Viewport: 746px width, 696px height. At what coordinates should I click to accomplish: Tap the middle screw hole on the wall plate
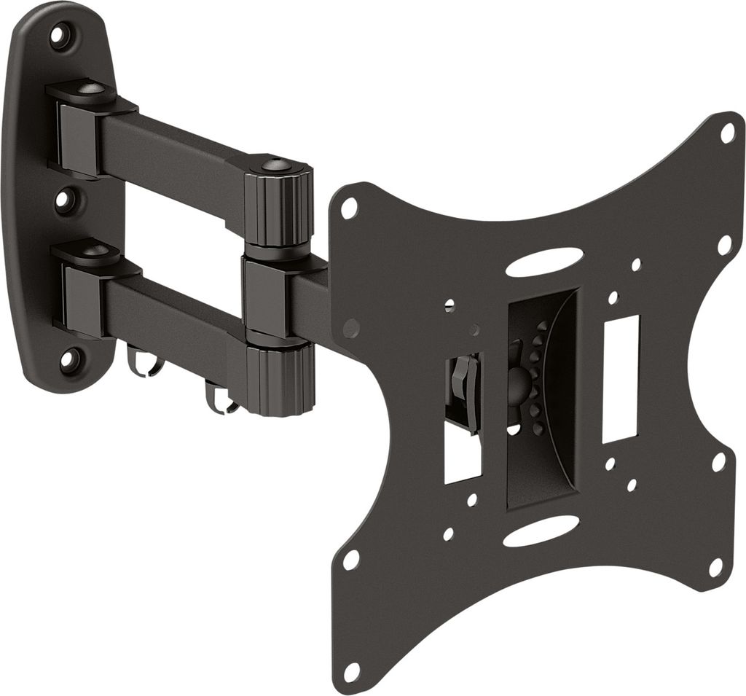65,200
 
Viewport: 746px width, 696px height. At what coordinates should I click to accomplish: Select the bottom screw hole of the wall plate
68,359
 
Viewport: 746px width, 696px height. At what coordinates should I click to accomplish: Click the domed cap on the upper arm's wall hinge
90,89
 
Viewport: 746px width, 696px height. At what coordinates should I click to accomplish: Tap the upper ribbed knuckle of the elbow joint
278,208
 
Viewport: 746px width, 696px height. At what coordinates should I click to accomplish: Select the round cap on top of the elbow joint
278,165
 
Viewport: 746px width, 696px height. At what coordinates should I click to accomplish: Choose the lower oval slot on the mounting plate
541,531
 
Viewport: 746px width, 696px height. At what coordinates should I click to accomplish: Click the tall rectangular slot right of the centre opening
620,378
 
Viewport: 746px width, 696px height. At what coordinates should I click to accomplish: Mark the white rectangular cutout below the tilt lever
462,459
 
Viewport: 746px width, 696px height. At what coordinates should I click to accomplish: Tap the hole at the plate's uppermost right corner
727,133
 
